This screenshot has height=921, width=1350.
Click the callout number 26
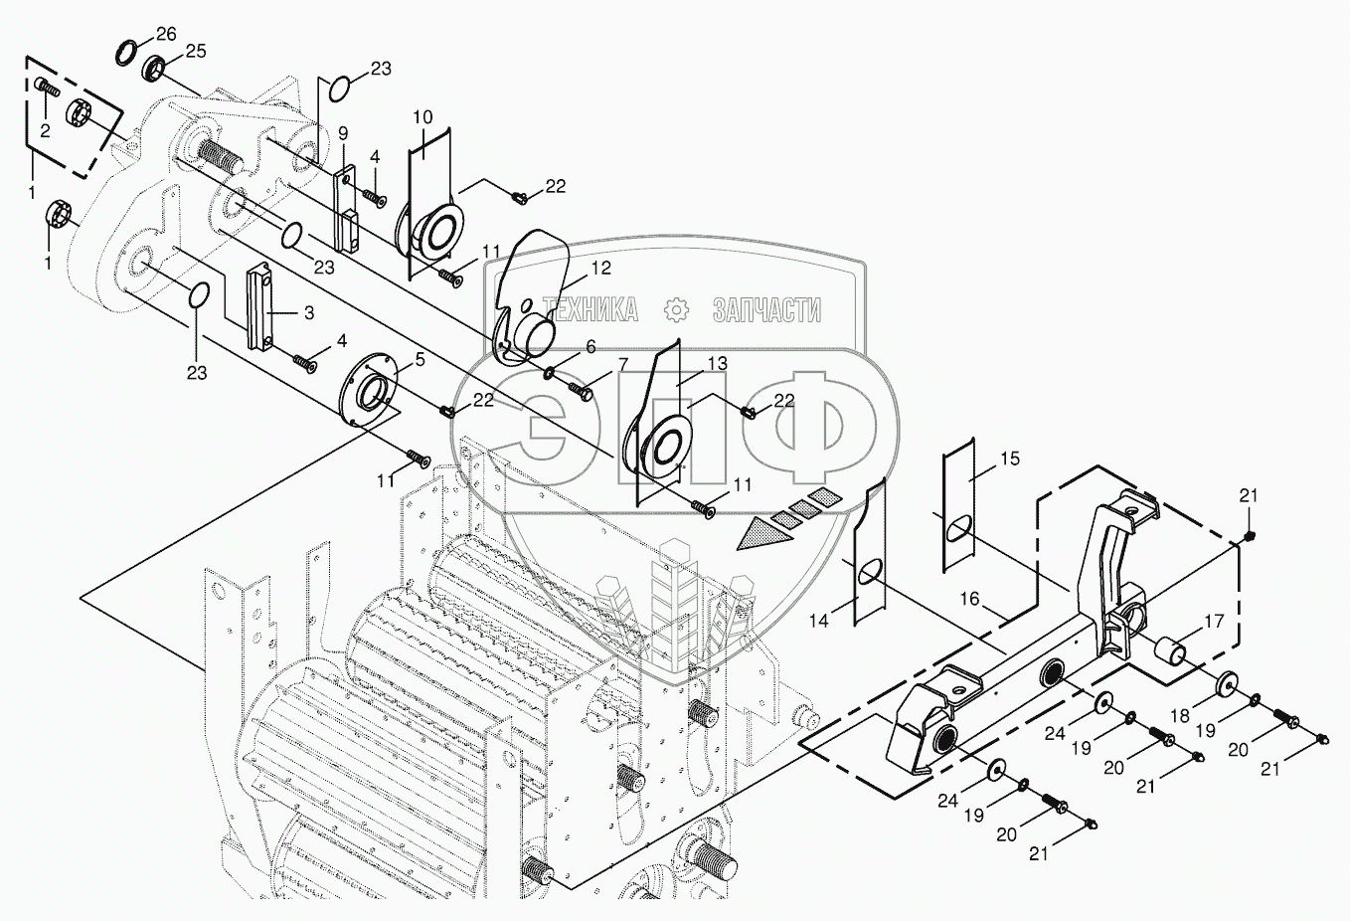tap(166, 34)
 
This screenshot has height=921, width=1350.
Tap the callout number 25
tap(196, 51)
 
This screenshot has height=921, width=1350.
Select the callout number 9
tap(342, 132)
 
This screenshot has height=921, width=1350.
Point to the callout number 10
tap(422, 117)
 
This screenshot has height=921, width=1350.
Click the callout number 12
tap(601, 268)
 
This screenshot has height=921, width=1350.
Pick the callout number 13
tap(718, 363)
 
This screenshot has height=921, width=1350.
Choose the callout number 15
tap(1010, 459)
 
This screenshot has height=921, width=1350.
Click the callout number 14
tap(818, 620)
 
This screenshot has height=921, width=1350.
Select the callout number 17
tap(1214, 623)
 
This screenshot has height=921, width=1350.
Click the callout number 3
tap(308, 312)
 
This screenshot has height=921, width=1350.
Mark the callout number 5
tap(420, 360)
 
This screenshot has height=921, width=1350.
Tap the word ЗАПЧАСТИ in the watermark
tap(766, 310)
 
